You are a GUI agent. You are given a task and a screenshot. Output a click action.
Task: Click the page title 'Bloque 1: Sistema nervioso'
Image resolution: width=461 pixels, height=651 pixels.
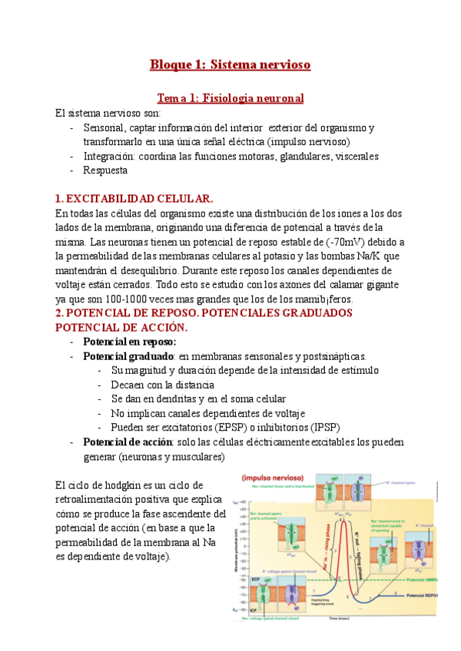[x=230, y=64]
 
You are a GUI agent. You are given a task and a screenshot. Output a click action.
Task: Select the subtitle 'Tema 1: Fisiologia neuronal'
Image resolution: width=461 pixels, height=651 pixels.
[x=230, y=98]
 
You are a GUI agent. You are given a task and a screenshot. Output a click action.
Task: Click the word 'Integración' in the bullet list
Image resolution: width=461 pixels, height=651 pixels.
[x=109, y=157]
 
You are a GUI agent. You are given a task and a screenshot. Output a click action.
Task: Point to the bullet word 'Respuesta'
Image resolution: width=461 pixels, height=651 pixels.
[x=107, y=170]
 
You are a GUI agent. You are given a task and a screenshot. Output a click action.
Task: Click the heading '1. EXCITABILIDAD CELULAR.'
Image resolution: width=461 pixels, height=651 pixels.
[x=134, y=198]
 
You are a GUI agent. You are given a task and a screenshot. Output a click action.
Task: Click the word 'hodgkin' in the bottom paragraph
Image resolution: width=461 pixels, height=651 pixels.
[x=126, y=485]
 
